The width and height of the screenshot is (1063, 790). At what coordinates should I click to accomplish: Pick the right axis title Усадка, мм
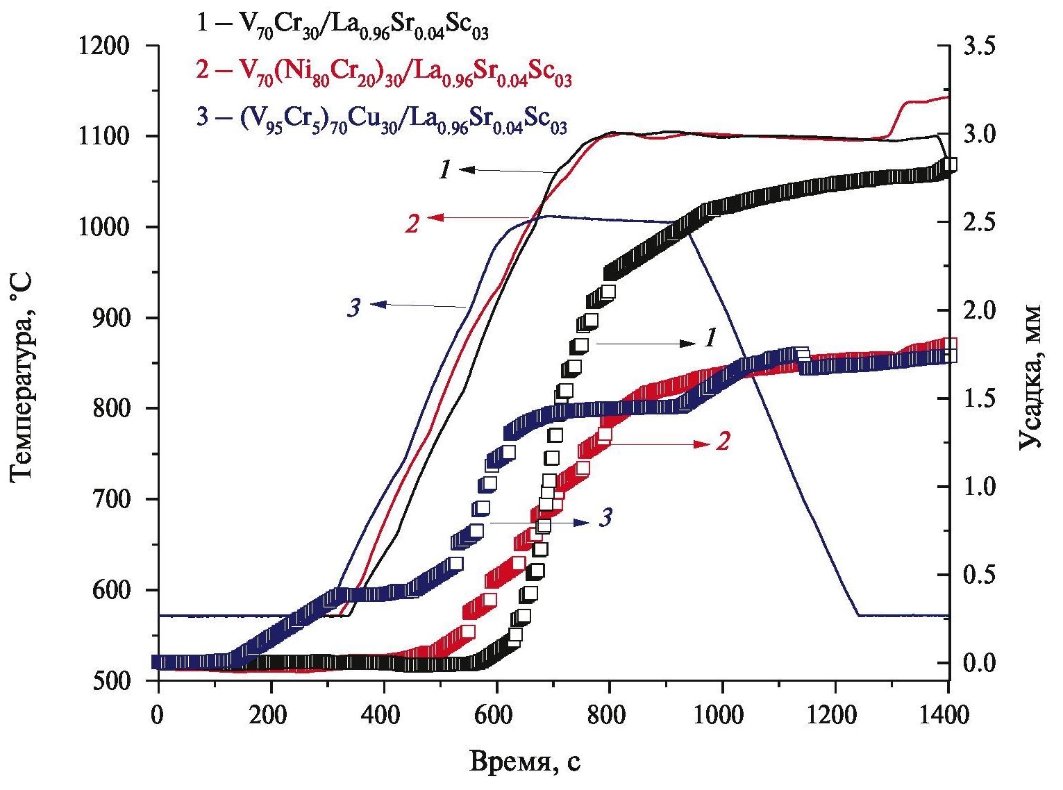click(1032, 376)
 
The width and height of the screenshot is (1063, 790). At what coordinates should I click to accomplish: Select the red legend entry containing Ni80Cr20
click(384, 73)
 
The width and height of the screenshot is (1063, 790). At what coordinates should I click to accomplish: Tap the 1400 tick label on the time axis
click(948, 714)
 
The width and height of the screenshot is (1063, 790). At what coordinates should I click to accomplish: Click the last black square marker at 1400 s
click(950, 165)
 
